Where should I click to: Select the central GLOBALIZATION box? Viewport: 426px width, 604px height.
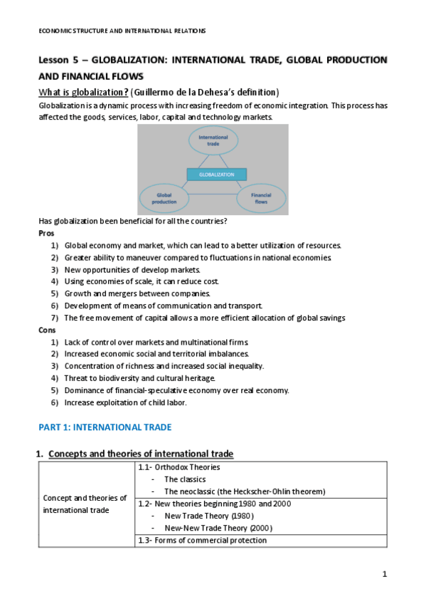click(x=216, y=174)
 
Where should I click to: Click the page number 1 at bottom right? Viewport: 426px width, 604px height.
click(x=384, y=574)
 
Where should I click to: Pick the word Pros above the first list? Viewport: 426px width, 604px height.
click(x=46, y=233)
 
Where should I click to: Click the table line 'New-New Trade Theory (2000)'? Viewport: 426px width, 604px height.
click(x=218, y=528)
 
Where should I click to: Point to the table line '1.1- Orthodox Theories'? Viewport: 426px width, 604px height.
click(x=178, y=467)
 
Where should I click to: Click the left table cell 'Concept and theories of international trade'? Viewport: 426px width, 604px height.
click(x=85, y=504)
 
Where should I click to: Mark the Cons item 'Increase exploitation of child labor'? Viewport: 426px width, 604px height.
click(x=125, y=402)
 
